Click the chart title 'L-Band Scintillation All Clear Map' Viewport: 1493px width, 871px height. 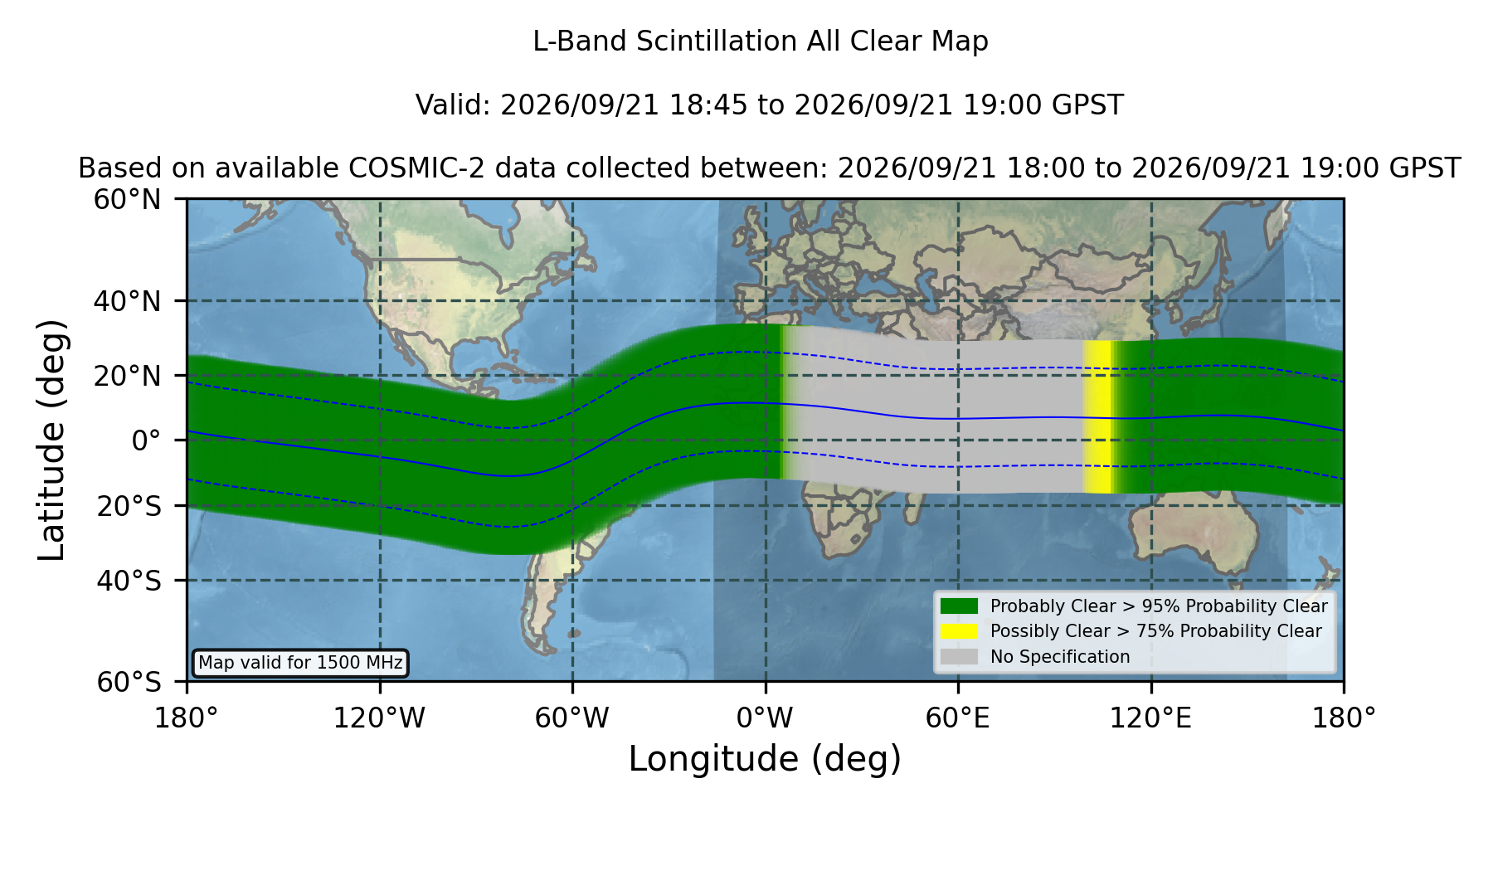pyautogui.click(x=761, y=41)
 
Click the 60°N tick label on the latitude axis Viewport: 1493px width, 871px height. pyautogui.click(x=128, y=200)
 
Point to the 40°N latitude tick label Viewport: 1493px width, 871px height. pyautogui.click(x=128, y=301)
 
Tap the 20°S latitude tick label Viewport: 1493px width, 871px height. pyautogui.click(x=129, y=506)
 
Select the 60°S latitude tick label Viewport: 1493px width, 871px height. pyautogui.click(x=129, y=682)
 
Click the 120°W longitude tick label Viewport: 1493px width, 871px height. pyautogui.click(x=380, y=718)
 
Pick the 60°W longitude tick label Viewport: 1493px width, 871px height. pyautogui.click(x=572, y=718)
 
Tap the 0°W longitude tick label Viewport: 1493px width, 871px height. pyautogui.click(x=766, y=718)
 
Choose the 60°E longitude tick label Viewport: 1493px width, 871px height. pyautogui.click(x=958, y=718)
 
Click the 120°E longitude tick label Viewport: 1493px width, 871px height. pyautogui.click(x=1151, y=718)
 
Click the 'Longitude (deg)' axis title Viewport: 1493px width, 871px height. pyautogui.click(x=765, y=759)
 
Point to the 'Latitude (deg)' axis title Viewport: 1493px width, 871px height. pyautogui.click(x=52, y=440)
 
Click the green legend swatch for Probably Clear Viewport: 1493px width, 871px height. pyautogui.click(x=959, y=606)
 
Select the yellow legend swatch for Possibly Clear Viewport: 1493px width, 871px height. pyautogui.click(x=959, y=631)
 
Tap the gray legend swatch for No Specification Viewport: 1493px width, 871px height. pyautogui.click(x=959, y=657)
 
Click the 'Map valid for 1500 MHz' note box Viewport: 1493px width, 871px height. pyautogui.click(x=300, y=663)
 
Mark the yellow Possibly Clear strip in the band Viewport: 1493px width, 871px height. pyautogui.click(x=1097, y=417)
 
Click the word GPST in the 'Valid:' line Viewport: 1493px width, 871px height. pyautogui.click(x=1088, y=105)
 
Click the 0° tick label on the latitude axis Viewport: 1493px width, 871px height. pyautogui.click(x=146, y=440)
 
